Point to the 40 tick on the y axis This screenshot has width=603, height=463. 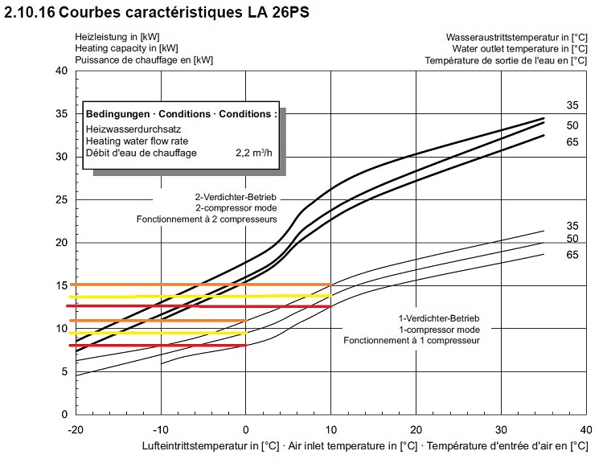point(59,71)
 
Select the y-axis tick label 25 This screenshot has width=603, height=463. point(59,199)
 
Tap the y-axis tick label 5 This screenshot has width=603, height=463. point(63,371)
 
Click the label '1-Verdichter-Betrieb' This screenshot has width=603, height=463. point(439,318)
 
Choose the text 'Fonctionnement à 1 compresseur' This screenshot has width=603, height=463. point(412,341)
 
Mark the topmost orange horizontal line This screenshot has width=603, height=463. point(201,284)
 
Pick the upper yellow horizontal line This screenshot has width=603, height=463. point(201,296)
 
